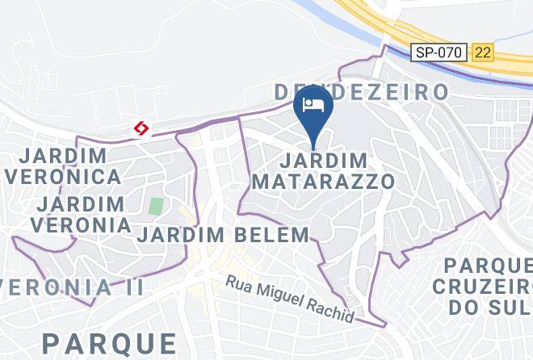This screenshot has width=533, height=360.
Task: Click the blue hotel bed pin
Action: tap(313, 107)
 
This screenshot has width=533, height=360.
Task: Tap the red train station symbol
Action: tap(141, 129)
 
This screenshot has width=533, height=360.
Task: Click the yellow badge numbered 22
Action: tap(483, 52)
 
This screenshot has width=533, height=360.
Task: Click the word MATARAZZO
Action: tap(324, 181)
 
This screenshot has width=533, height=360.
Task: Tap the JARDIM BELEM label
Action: tap(223, 235)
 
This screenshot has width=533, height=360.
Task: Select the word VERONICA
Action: tap(62, 176)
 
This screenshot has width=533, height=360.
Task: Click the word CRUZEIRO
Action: tap(483, 287)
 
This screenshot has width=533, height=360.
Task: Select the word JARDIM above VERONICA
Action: tap(63, 155)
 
